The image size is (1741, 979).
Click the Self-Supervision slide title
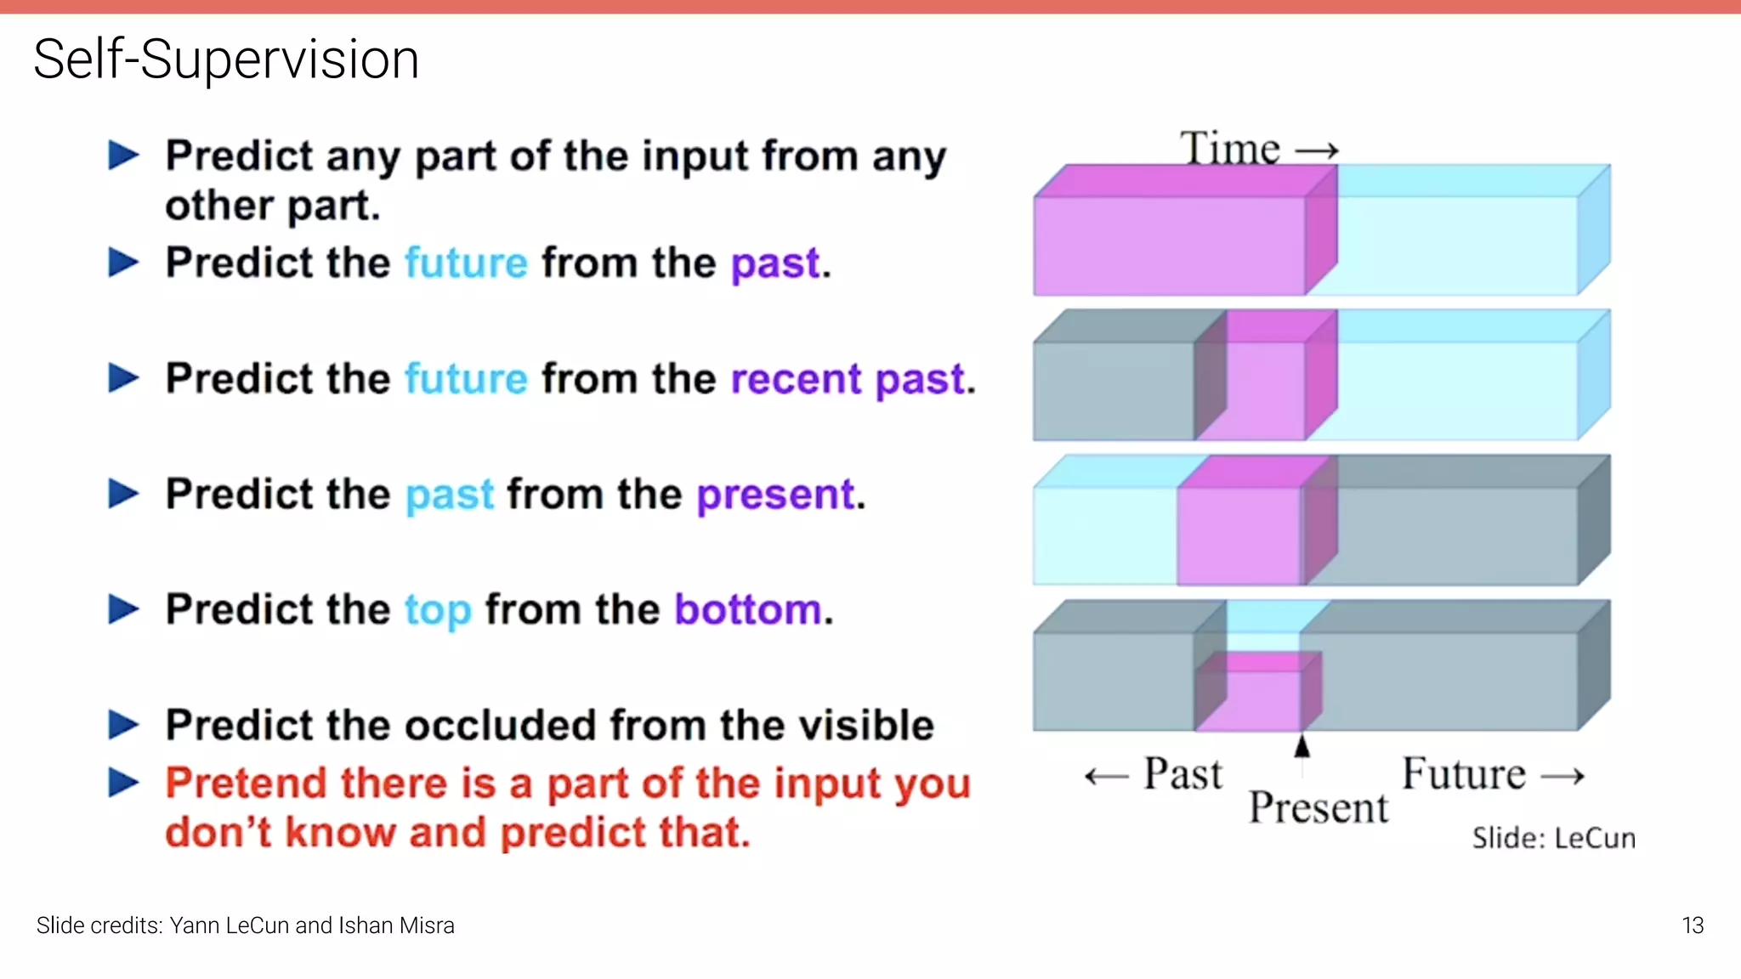226,59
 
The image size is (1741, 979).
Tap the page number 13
1692,925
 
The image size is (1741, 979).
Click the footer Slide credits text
245,925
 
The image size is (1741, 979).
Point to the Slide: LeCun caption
1553,838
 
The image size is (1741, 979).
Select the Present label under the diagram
1318,807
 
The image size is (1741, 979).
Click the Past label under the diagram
1182,774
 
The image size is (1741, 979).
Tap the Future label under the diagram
1464,774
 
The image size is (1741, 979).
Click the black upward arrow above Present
1301,746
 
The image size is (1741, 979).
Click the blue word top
437,610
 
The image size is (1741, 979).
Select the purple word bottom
748,610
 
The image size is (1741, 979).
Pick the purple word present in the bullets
776,495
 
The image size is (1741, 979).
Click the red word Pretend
246,783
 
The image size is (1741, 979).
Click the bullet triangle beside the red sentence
124,783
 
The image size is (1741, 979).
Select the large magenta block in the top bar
1169,245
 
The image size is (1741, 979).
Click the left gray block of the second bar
1114,389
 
